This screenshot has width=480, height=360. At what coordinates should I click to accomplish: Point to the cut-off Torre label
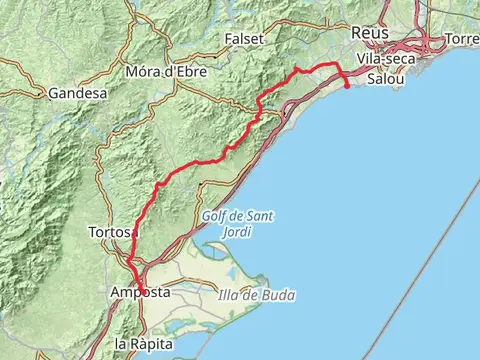(462, 38)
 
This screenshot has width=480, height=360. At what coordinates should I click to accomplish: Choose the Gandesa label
(77, 93)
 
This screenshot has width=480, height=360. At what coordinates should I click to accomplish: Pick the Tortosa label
(111, 231)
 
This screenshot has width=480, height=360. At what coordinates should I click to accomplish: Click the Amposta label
(139, 293)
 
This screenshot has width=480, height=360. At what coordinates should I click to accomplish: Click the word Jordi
(237, 232)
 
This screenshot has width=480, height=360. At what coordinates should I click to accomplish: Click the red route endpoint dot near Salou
(346, 86)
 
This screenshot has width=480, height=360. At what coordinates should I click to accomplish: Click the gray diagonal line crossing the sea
(420, 250)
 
